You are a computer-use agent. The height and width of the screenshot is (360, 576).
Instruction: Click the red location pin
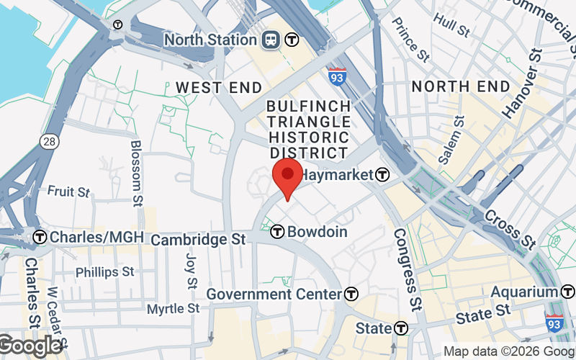click(288, 176)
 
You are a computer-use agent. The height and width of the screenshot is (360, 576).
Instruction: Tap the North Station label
click(210, 39)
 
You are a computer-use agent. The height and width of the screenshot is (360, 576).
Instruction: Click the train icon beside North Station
click(272, 40)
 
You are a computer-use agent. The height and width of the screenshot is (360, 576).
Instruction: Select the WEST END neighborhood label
click(219, 87)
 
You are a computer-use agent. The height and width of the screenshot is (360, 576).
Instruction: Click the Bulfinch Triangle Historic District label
click(309, 129)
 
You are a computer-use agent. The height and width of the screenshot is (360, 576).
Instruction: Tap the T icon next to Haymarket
click(382, 175)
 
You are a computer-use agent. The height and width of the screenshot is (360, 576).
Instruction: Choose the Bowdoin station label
click(318, 232)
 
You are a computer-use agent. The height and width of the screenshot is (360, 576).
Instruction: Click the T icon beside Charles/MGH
click(40, 237)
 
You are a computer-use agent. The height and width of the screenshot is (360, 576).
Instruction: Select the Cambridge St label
click(199, 238)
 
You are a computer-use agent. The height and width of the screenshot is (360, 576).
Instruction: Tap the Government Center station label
click(274, 294)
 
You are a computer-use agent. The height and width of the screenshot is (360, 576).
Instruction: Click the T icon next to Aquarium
click(568, 292)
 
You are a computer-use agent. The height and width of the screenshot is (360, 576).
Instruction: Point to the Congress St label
click(405, 267)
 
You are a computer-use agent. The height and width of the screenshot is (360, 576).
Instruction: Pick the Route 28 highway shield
click(49, 142)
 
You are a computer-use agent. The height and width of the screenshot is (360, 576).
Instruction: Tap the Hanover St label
click(521, 83)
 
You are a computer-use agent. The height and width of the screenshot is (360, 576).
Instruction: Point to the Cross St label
click(510, 228)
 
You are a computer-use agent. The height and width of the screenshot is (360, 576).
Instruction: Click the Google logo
click(30, 346)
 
